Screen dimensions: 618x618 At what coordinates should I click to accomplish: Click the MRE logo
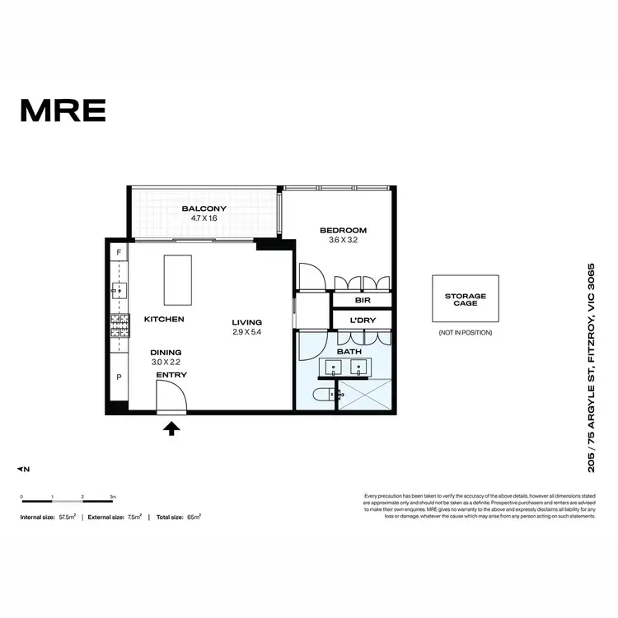coord(63,110)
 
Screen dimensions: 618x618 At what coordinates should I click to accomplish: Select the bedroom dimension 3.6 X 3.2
coord(342,241)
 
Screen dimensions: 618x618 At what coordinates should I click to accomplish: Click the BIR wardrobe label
coord(359,301)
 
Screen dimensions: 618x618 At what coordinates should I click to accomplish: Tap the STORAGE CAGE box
coord(466,298)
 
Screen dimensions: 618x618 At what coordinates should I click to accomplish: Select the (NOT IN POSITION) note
coord(466,332)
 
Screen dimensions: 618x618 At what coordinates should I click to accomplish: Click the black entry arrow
coord(171,428)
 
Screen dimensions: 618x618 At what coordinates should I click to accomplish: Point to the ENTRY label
coord(171,375)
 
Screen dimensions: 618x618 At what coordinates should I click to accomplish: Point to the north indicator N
coord(24,469)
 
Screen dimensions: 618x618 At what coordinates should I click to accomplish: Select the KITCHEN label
coord(164,319)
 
